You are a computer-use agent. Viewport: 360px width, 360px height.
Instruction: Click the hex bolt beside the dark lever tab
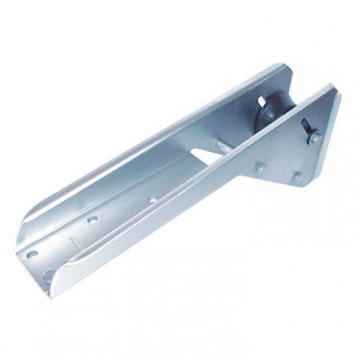click(314, 138)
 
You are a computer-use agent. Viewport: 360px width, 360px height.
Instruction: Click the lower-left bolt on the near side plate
click(261, 168)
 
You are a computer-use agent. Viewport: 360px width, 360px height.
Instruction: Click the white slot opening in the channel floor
click(206, 151)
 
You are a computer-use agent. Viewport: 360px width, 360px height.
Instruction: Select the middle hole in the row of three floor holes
click(92, 218)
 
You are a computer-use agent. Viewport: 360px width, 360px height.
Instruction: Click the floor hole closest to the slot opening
click(152, 199)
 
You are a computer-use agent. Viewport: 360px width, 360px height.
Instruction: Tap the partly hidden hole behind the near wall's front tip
click(48, 274)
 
